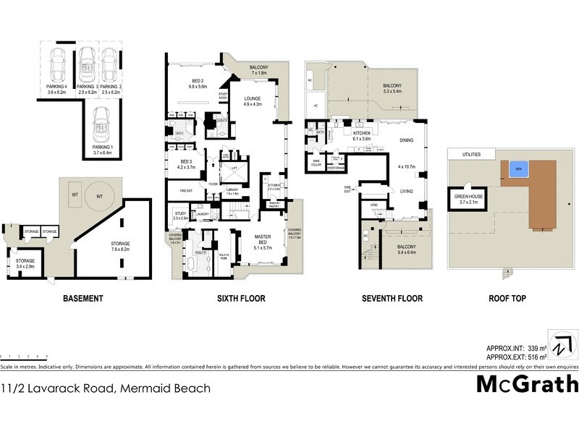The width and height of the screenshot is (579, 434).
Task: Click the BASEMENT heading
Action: point(83,298)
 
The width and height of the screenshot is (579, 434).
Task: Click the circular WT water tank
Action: point(98,196)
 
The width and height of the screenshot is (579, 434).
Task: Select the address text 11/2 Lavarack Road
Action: point(106,388)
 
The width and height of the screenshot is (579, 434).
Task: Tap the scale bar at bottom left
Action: point(25,357)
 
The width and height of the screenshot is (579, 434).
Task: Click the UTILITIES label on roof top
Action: point(464,153)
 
